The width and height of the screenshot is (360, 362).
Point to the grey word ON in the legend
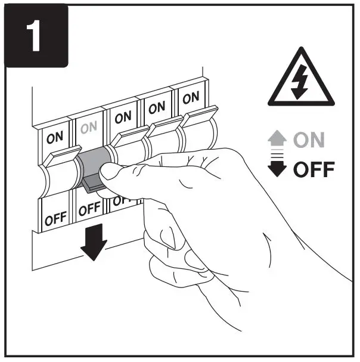coord(308,141)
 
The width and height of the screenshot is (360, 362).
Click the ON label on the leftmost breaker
coord(54,137)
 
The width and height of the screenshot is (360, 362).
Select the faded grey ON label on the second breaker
coord(88,128)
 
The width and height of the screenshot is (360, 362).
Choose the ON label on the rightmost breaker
coord(191,99)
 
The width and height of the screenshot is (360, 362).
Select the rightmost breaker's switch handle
coord(196,134)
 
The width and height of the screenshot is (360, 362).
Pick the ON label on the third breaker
coord(123,117)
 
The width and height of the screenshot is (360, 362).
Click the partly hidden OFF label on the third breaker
coord(120,201)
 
